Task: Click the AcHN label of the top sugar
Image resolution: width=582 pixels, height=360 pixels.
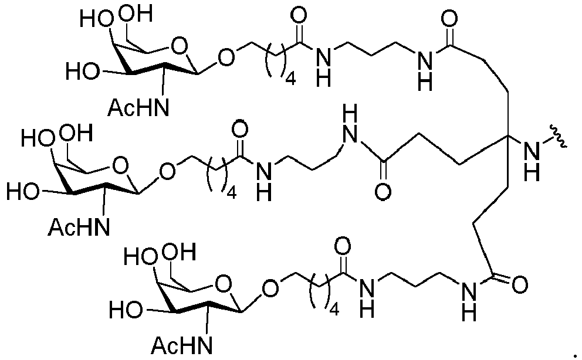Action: click(138, 107)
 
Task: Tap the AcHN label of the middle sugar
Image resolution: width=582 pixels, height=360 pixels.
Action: click(79, 227)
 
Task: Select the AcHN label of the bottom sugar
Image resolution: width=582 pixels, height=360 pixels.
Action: click(182, 345)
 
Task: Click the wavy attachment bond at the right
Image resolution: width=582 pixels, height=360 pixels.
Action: click(559, 138)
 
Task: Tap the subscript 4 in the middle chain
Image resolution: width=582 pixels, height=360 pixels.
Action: click(231, 193)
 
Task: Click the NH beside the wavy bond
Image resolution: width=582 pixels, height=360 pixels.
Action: click(532, 161)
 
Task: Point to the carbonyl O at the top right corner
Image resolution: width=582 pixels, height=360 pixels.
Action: click(449, 18)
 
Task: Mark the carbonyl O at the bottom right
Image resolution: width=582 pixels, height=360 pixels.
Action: click(519, 285)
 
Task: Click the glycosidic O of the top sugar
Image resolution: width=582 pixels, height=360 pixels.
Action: click(226, 58)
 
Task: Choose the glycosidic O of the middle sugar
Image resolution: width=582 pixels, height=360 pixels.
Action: click(167, 171)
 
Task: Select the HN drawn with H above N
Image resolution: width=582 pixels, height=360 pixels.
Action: click(350, 124)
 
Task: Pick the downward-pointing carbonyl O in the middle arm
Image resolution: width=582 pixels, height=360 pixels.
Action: click(383, 192)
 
